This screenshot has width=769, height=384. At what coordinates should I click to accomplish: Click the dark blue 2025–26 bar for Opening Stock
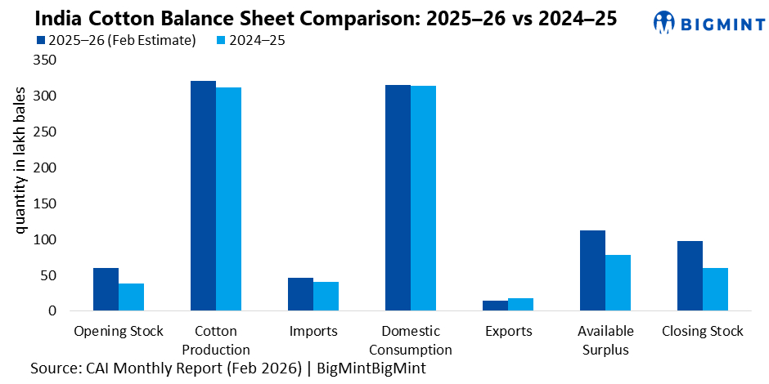(x=106, y=289)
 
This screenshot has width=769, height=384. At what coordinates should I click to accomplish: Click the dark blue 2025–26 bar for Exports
(x=495, y=306)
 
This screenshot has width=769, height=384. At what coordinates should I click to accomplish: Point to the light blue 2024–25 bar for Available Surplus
(x=618, y=283)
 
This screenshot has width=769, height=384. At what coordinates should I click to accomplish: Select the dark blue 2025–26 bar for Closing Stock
(x=690, y=276)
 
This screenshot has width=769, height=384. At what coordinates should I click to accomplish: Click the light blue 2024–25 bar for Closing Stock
(x=715, y=289)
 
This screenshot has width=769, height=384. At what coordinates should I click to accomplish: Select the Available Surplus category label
(x=605, y=340)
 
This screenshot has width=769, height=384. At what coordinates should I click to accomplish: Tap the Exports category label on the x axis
(x=507, y=331)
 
